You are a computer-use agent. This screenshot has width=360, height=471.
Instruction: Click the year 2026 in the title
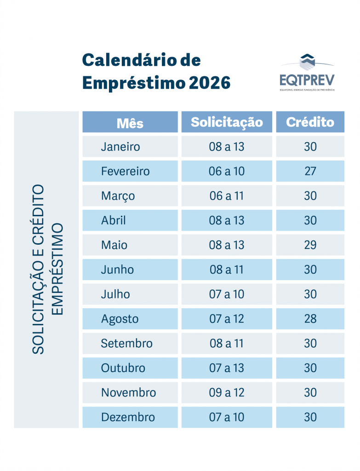(209, 83)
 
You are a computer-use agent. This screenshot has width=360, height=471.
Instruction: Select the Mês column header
(130, 122)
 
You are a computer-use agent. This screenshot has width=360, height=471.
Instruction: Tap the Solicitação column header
(227, 122)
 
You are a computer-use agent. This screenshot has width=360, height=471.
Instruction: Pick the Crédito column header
(310, 122)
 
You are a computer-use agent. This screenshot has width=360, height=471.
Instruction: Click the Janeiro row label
(120, 147)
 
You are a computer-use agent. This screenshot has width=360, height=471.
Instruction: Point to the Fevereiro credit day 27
(310, 171)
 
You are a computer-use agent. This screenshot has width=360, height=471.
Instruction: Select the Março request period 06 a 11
(227, 196)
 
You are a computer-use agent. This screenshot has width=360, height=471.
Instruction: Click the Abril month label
(113, 220)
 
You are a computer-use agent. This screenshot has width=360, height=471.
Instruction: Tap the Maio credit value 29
(310, 245)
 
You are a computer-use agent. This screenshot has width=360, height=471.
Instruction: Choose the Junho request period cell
(227, 270)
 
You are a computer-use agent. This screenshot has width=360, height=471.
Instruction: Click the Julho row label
(115, 294)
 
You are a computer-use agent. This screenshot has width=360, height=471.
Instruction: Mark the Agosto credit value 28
(310, 319)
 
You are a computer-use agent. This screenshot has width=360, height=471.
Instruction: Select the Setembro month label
(126, 343)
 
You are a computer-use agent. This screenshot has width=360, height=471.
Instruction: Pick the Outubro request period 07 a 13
(227, 368)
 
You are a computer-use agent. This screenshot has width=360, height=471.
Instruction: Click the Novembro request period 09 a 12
(227, 392)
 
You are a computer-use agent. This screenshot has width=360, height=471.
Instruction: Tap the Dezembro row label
(128, 417)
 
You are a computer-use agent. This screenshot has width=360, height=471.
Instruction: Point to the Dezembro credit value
(310, 417)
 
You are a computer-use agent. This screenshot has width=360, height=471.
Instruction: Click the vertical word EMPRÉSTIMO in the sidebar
(57, 270)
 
